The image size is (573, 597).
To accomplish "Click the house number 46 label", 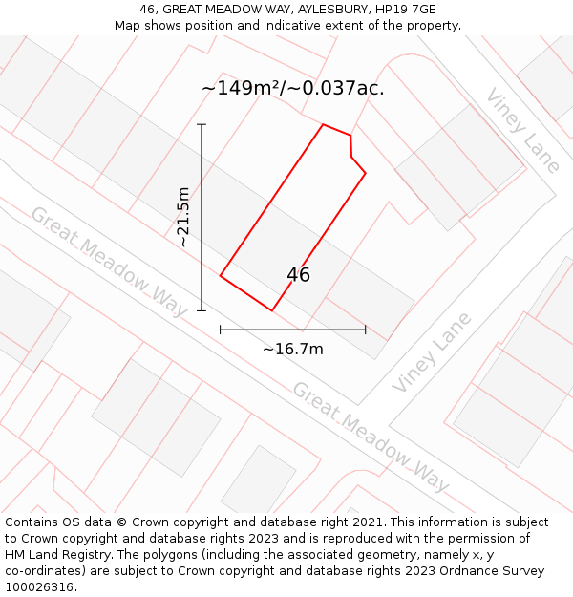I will [298, 275].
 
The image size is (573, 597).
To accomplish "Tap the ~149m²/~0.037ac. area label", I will [292, 88].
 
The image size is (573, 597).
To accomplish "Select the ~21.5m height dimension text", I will [183, 218].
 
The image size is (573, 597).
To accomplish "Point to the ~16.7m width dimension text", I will [292, 349].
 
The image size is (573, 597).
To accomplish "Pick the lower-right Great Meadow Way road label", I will [371, 437].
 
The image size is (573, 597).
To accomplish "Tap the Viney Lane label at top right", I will [522, 131].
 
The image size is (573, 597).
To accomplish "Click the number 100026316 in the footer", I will [38, 587].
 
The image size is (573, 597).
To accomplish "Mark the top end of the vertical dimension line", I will [202, 124].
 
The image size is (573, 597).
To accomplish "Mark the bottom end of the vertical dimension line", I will [202, 310].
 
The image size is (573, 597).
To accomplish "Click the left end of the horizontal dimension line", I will [221, 330].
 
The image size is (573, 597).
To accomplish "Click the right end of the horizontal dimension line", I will [365, 330].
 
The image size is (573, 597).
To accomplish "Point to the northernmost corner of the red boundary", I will [323, 124].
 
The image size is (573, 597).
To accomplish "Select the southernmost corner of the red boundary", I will [272, 310].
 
